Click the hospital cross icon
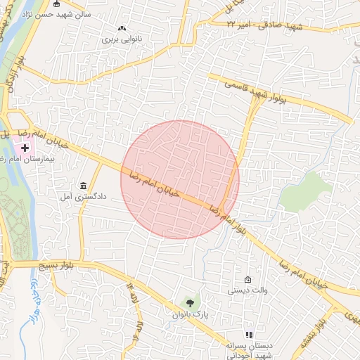point(25,148)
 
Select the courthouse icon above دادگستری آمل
point(84,186)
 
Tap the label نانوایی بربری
point(123,39)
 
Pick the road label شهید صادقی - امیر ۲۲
point(264,26)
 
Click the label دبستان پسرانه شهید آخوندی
point(248,351)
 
